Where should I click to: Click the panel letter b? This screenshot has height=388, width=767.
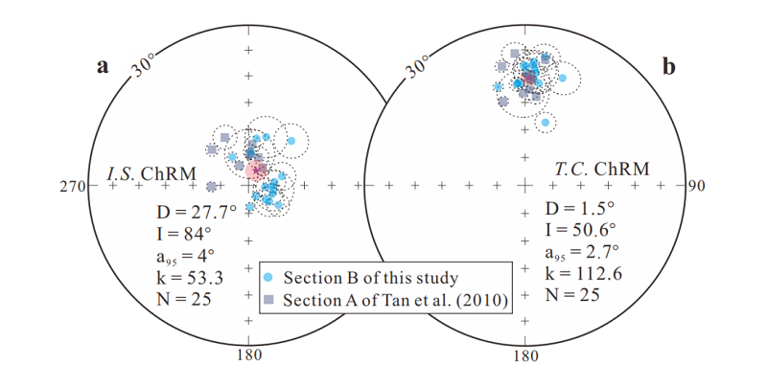(668, 66)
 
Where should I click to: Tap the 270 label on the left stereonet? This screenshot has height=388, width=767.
(73, 187)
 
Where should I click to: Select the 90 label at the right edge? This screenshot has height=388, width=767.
(696, 185)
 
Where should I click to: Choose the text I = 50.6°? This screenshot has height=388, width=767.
(581, 230)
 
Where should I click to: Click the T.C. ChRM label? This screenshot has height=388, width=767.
(601, 170)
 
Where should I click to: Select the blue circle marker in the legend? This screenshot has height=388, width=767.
(270, 278)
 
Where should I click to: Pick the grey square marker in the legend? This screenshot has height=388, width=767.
(270, 300)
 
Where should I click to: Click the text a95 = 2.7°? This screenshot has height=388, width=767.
(582, 252)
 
